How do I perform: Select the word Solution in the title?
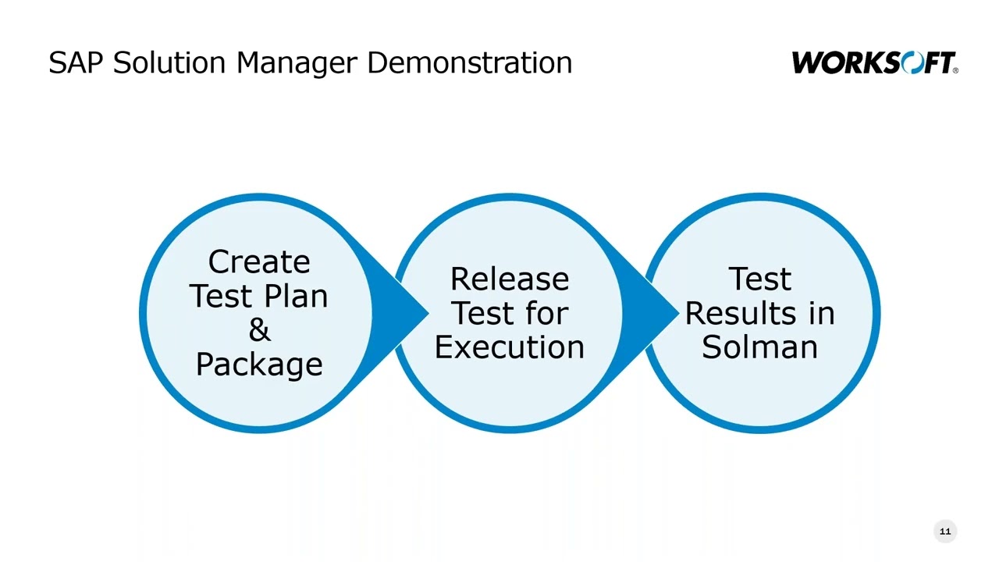171,62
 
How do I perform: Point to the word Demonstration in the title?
469,62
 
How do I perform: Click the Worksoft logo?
874,62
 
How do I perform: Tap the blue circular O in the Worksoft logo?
911,62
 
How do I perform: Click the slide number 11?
945,532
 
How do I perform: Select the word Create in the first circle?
259,262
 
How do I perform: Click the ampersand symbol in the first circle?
259,330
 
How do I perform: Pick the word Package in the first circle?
259,365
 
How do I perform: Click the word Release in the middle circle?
510,279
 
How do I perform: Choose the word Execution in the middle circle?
510,347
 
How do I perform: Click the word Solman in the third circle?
759,347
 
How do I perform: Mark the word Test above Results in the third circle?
759,279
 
